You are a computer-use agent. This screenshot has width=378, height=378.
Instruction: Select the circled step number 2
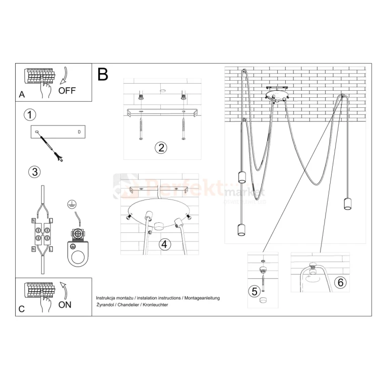(x=160, y=148)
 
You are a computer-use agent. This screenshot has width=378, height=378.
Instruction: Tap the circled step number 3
(x=34, y=172)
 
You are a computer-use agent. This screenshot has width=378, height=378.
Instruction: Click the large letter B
(x=103, y=75)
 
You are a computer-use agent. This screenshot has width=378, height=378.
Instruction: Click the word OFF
(x=68, y=91)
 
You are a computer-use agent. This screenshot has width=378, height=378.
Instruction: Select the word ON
(x=65, y=304)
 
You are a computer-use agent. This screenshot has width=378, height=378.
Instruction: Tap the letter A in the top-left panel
(x=21, y=94)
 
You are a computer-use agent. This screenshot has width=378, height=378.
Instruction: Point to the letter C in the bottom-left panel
(x=21, y=309)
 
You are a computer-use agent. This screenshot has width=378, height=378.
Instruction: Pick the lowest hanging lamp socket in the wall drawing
(x=240, y=231)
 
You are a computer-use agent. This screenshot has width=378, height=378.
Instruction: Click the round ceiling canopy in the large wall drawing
(x=276, y=95)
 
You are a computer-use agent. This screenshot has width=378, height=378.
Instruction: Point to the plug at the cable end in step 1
(x=60, y=160)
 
